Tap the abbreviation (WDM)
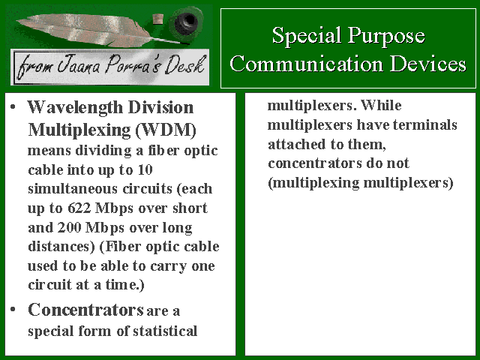pyautogui.click(x=166, y=130)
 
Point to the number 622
pyautogui.click(x=79, y=208)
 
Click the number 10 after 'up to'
pyautogui.click(x=145, y=170)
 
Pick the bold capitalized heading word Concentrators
pyautogui.click(x=85, y=310)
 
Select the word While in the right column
pyautogui.click(x=381, y=105)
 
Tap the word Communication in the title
pyautogui.click(x=307, y=64)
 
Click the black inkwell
pyautogui.click(x=187, y=22)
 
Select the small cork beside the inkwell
pyautogui.click(x=157, y=20)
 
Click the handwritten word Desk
pyautogui.click(x=184, y=65)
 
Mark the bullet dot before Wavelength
pyautogui.click(x=13, y=107)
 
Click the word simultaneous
pyautogui.click(x=73, y=189)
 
